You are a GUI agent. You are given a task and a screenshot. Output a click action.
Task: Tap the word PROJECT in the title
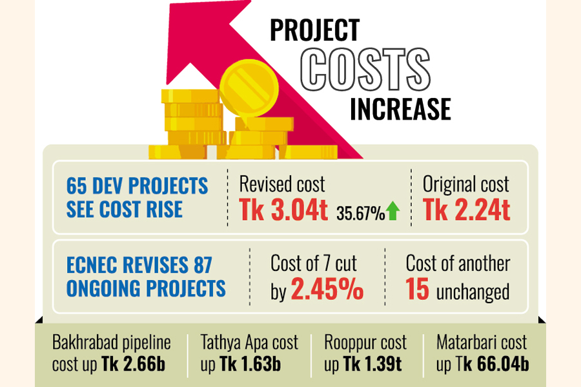(x=314, y=30)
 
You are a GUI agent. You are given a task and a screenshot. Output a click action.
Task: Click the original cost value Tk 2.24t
(x=466, y=212)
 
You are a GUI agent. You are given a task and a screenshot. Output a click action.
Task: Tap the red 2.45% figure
(x=326, y=291)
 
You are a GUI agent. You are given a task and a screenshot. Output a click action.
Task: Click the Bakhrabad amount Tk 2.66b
(x=134, y=364)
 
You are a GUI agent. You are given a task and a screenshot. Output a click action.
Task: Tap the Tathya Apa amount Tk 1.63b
(x=249, y=364)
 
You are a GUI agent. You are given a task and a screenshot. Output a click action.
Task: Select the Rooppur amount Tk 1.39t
(x=372, y=364)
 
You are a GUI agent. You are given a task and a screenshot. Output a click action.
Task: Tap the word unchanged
(x=473, y=292)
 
